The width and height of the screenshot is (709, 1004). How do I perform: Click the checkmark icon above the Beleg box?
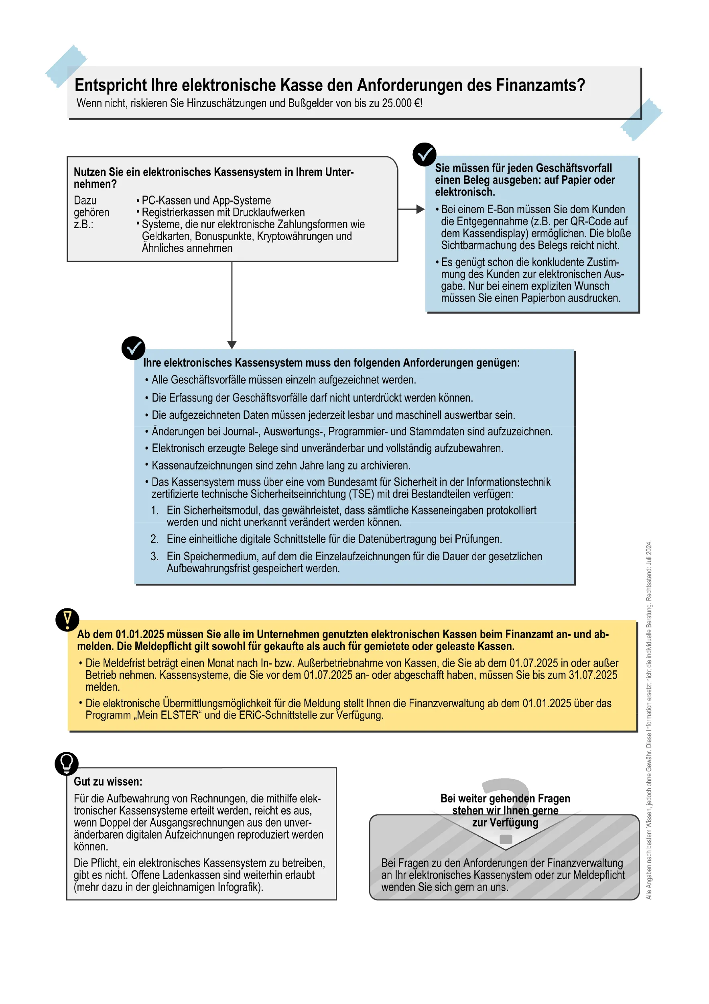click(x=424, y=154)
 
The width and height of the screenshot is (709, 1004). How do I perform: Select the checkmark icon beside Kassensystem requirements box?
click(x=133, y=348)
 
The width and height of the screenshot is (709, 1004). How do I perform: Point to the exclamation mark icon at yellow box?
click(x=67, y=620)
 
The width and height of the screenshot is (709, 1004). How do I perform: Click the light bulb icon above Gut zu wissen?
click(x=66, y=764)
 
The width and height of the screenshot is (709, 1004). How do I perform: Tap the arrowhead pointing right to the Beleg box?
click(x=420, y=210)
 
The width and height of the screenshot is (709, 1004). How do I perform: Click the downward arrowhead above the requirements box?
click(x=232, y=345)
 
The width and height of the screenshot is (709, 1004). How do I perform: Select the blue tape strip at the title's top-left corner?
click(x=66, y=65)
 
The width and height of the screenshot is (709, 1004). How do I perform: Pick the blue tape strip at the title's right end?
click(x=641, y=119)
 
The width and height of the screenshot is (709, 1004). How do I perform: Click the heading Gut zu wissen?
click(x=108, y=782)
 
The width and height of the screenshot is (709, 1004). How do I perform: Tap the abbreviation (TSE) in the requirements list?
click(x=361, y=494)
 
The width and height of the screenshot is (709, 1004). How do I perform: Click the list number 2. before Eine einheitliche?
click(x=154, y=539)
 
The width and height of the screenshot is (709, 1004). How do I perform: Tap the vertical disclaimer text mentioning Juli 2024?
click(x=649, y=722)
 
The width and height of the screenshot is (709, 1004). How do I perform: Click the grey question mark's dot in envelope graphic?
click(x=506, y=840)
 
